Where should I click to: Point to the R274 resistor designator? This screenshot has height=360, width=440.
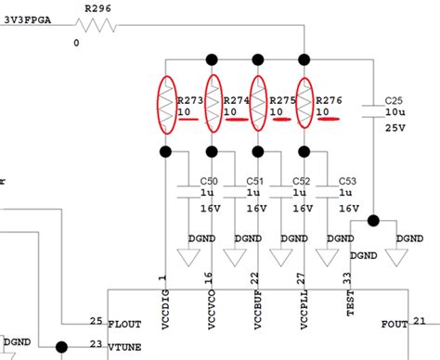pyautogui.click(x=237, y=100)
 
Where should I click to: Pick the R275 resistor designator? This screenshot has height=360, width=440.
pyautogui.click(x=283, y=100)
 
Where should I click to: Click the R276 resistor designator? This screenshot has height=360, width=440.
pyautogui.click(x=330, y=100)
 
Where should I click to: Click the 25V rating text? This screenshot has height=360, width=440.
pyautogui.click(x=395, y=126)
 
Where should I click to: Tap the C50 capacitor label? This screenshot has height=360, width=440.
pyautogui.click(x=209, y=181)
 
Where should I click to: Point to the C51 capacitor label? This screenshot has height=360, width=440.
pyautogui.click(x=256, y=181)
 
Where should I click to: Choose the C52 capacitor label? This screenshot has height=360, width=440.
pyautogui.click(x=303, y=181)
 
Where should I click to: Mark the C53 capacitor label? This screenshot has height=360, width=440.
pyautogui.click(x=349, y=181)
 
